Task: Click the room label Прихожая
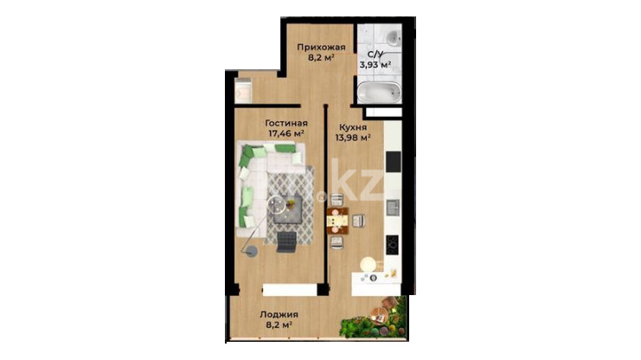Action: [x=321, y=47]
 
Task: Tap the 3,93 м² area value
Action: [x=375, y=64]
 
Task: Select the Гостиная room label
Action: [x=286, y=123]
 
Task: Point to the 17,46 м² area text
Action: [x=286, y=133]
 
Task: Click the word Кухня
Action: [x=352, y=127]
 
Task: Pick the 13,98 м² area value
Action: [x=353, y=138]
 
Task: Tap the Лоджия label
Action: [x=279, y=315]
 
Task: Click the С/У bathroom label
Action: [x=375, y=54]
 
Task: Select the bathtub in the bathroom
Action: [x=379, y=92]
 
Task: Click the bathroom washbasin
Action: [x=394, y=38]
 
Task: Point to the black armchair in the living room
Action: [x=286, y=241]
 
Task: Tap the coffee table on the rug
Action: [x=289, y=209]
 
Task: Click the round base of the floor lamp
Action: [x=250, y=251]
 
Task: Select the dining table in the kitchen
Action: [x=337, y=222]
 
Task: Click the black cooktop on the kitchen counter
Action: [x=393, y=245]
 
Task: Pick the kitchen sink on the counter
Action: [x=394, y=207]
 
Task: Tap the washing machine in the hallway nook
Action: [x=243, y=91]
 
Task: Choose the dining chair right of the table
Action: [x=358, y=221]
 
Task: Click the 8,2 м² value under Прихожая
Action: [x=321, y=57]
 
